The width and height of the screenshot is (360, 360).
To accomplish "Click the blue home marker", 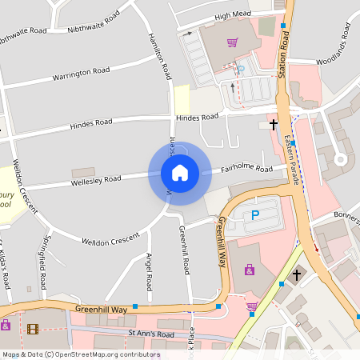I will click(x=180, y=173).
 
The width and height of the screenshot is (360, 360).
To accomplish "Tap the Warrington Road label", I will click(x=81, y=74).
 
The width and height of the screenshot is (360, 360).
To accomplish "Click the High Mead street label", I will click(x=232, y=15).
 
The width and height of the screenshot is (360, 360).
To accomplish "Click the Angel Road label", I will click(x=149, y=271).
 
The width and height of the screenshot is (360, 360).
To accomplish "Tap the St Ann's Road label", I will click(x=151, y=333).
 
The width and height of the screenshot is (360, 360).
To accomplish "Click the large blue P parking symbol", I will click(x=255, y=215).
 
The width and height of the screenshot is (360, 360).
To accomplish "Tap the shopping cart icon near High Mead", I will click(x=232, y=42).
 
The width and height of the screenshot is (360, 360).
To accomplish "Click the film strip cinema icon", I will click(x=32, y=328).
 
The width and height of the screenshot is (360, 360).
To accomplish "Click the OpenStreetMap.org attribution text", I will click(x=104, y=354).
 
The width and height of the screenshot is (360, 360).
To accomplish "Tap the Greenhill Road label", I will click(x=185, y=250).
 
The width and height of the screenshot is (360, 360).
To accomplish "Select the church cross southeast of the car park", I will click(x=297, y=274).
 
